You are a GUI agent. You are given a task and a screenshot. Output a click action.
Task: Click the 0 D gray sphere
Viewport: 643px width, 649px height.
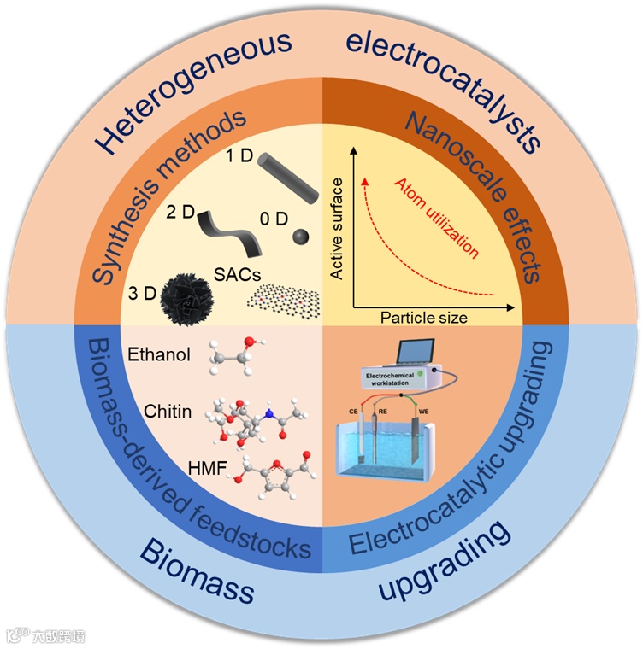[x=299, y=236]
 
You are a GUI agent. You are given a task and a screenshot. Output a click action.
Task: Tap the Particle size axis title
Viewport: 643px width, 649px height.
[x=424, y=318]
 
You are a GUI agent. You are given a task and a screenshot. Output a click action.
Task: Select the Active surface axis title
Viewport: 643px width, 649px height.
[x=337, y=230]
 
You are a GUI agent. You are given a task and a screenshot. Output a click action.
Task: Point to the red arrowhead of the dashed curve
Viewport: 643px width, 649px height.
[x=365, y=181]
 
